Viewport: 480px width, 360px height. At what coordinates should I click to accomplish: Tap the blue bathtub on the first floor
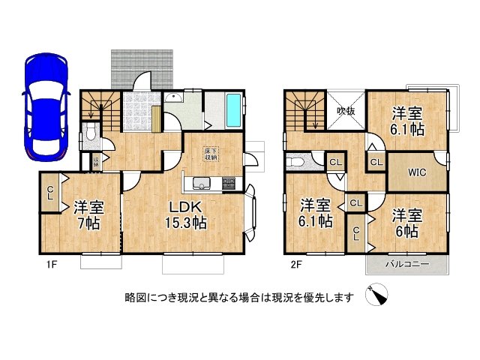(x=233, y=111)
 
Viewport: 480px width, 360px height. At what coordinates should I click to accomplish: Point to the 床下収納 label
(x=211, y=155)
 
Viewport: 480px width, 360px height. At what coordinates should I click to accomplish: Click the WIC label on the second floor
(x=418, y=172)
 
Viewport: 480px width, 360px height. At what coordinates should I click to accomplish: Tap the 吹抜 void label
(x=345, y=111)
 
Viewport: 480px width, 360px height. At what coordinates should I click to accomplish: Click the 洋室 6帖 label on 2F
(x=407, y=223)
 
